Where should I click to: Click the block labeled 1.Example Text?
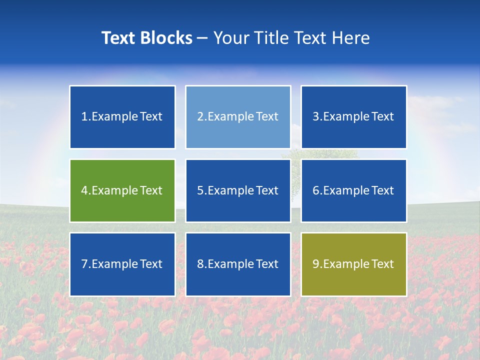122,117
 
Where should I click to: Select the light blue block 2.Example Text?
238,117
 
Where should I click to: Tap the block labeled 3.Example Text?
353,117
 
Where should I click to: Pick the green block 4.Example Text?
122,190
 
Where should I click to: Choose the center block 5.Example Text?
238,190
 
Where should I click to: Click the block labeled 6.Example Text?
353,190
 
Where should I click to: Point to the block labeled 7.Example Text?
122,264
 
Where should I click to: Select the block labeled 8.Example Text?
238,264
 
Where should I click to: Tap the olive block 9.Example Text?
353,264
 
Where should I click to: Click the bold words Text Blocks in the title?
147,38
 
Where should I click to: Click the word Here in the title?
351,38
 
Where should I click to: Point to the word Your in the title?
231,38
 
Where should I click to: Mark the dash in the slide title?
202,38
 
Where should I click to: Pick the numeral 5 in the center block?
200,190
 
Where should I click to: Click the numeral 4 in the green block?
84,190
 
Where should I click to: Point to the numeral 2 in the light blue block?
200,117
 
